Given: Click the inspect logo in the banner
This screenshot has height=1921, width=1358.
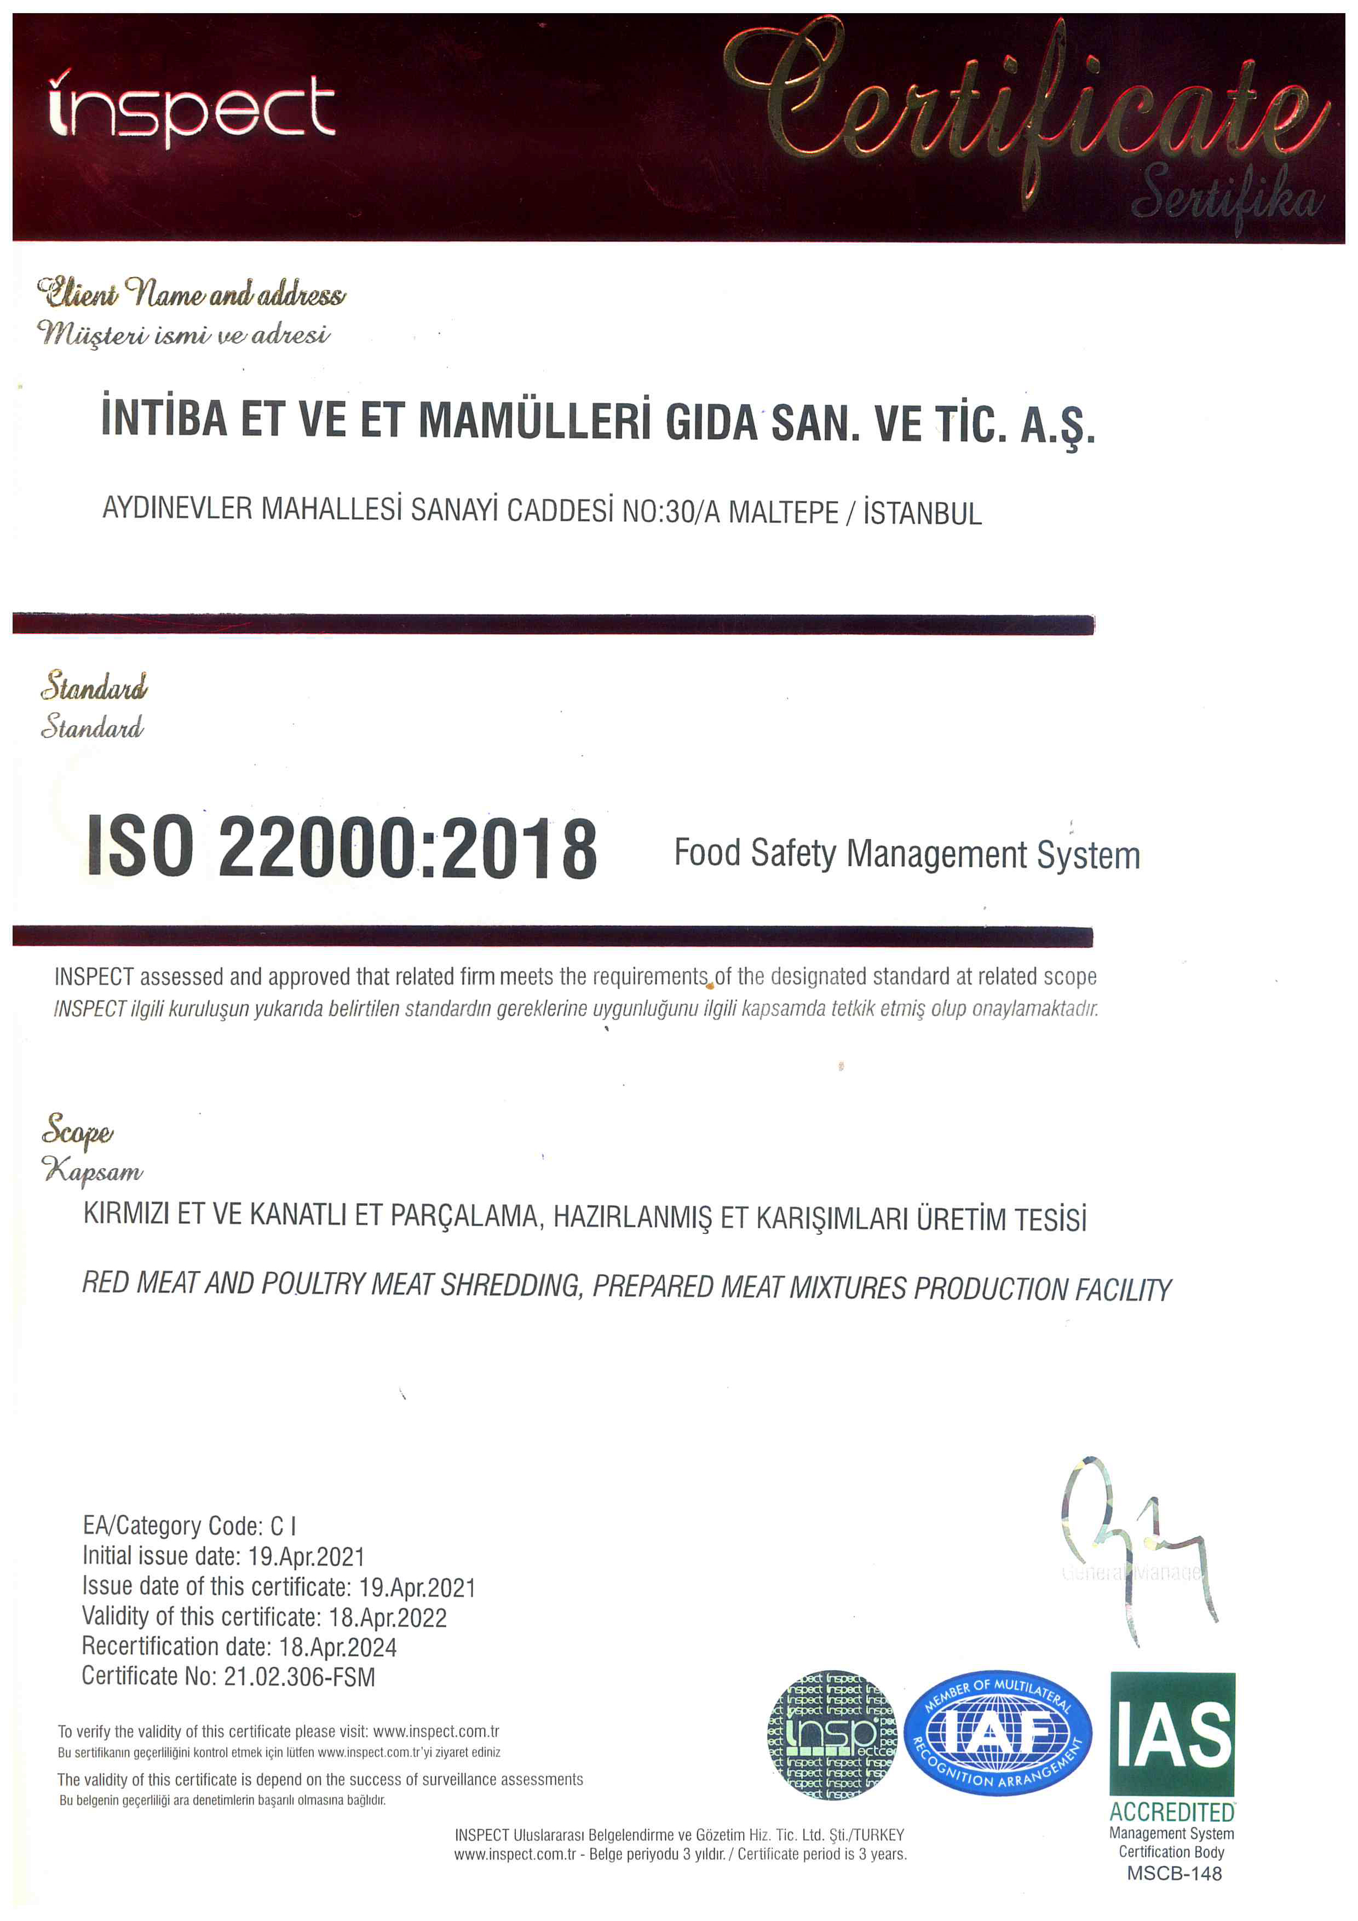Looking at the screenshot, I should [192, 109].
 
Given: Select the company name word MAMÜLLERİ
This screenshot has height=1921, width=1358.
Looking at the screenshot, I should [534, 421].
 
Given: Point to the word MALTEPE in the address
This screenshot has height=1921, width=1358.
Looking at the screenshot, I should [783, 512].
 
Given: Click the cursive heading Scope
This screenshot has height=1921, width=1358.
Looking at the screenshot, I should [77, 1131].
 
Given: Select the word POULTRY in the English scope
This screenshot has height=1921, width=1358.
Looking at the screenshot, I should [314, 1284].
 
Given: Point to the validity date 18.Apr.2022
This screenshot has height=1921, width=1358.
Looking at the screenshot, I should [387, 1617].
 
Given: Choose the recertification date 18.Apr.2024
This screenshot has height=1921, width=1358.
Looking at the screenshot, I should [337, 1647].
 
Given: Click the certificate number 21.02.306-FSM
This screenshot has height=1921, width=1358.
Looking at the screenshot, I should [299, 1677].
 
